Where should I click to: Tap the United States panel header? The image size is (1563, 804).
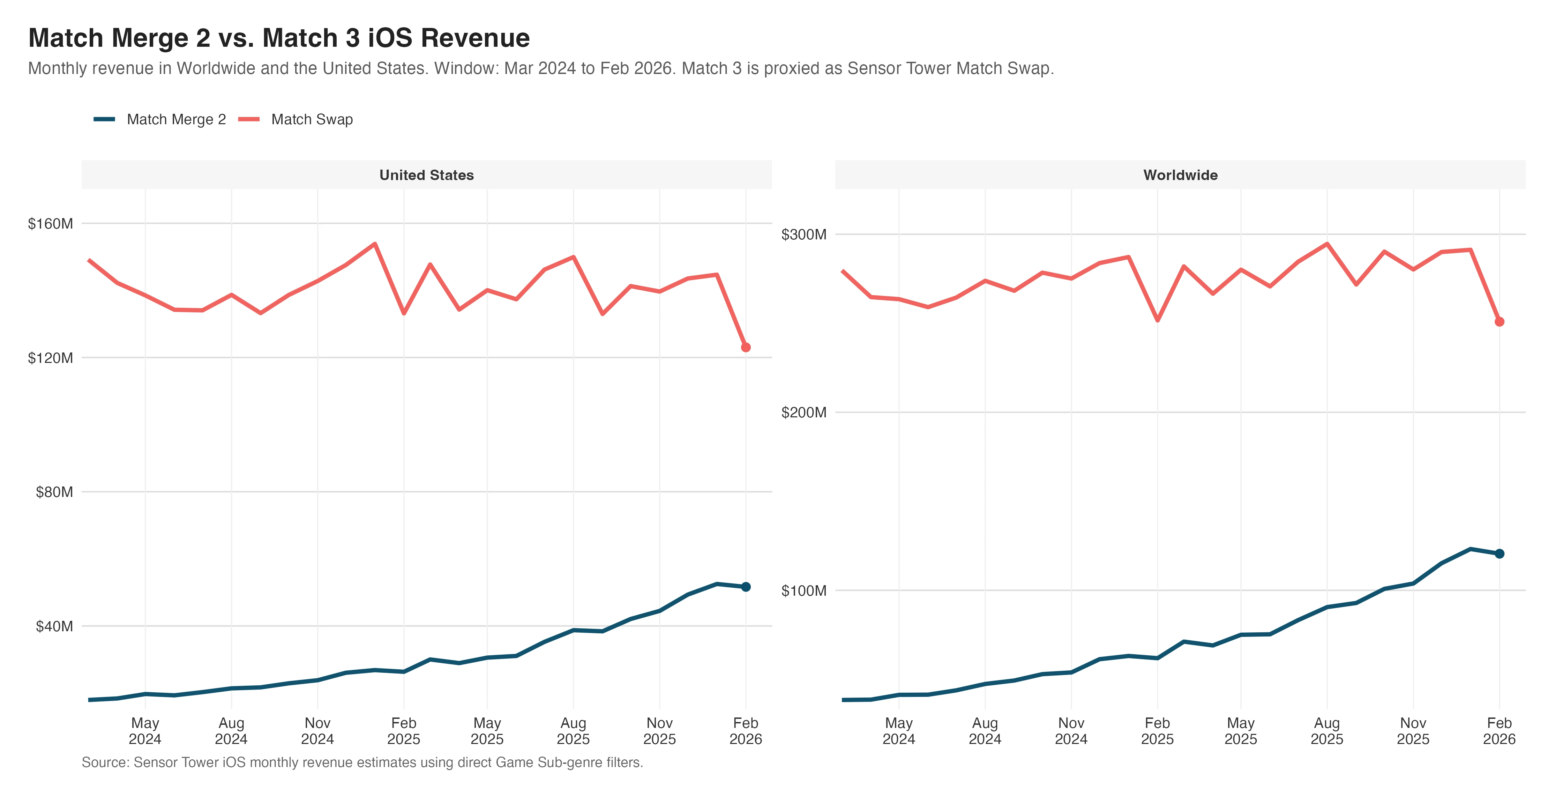427,176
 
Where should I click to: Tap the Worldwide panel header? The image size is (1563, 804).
1180,176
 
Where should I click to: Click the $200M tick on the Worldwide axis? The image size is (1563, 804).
804,412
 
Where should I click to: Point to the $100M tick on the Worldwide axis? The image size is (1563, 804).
804,591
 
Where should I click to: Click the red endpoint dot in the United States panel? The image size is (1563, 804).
746,348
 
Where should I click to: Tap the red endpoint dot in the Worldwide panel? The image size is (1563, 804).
1499,322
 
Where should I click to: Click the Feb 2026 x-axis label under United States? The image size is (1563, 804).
746,731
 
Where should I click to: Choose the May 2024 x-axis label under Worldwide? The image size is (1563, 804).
899,731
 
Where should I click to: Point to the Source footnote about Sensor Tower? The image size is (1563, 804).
362,763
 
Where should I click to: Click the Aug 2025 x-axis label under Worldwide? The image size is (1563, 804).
1327,731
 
